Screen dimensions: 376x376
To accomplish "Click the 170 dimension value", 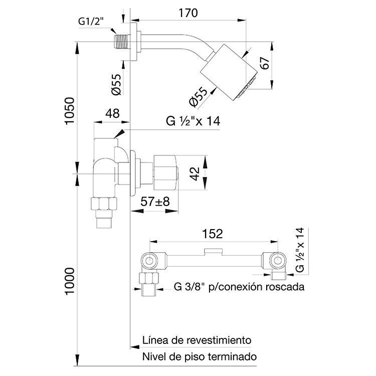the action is pos(188,13).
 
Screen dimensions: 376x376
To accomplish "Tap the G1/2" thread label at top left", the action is pos(91,22).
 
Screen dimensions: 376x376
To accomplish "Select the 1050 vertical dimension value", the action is pos(70,111).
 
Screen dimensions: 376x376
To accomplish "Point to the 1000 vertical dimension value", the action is pos(70,281).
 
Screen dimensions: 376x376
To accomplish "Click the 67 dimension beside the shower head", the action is pos(265,63).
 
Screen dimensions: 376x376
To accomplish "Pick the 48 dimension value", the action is pos(112,113).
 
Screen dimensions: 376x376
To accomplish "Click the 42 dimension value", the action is pos(194,173).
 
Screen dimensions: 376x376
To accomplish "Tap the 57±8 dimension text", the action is pos(155,201).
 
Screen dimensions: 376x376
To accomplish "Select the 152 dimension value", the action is pos(213,234).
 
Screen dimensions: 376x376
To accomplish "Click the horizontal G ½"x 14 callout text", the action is pos(193,121).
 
